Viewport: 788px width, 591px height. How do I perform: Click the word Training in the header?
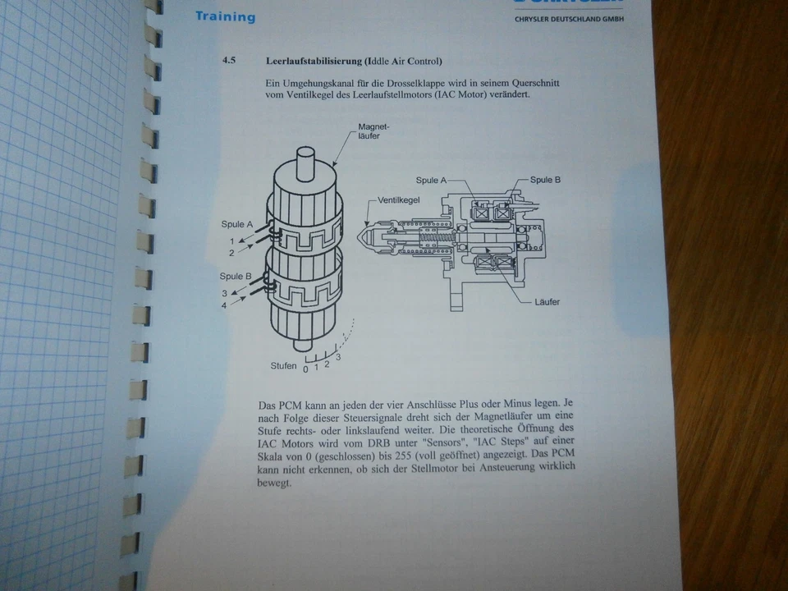pos(225,16)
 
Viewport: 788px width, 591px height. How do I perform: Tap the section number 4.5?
pos(229,61)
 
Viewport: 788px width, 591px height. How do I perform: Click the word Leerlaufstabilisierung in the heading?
pos(315,62)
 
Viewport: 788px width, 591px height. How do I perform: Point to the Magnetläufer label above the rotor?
pos(373,131)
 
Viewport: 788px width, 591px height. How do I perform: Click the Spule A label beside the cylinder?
pos(236,223)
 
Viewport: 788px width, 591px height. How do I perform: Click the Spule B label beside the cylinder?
pos(236,276)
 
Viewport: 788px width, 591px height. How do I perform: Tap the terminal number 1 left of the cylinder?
pos(232,241)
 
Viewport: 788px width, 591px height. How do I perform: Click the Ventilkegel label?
pos(400,199)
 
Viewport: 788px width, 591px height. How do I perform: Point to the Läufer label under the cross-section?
pos(546,302)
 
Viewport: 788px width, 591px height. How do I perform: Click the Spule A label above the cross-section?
pos(432,180)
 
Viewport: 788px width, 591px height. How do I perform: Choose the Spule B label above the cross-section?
pos(546,180)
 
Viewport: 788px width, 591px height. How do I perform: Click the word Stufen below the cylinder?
pos(283,366)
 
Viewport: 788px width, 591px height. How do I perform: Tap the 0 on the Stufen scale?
pos(305,369)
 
